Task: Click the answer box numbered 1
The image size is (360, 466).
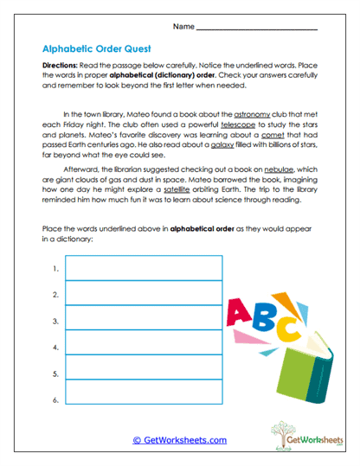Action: [x=144, y=269]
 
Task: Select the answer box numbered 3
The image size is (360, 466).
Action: [x=144, y=321]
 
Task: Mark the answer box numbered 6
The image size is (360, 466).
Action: [x=144, y=399]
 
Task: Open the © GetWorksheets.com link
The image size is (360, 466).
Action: [x=180, y=440]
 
